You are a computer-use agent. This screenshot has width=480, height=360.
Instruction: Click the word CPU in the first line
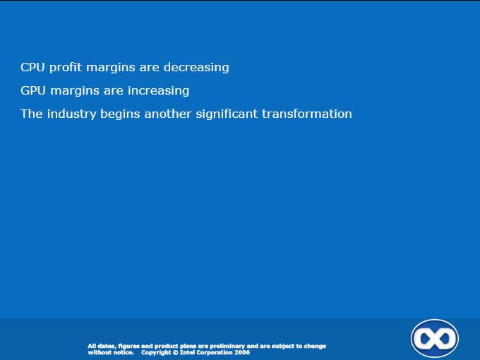pos(32,67)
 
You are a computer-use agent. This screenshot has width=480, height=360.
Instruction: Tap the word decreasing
pos(196,68)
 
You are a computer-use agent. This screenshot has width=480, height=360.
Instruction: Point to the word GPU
pos(33,90)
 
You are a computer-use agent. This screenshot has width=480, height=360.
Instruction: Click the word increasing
pos(158,91)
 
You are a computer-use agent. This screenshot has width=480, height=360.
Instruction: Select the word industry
pos(71,114)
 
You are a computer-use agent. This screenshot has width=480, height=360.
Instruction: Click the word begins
pos(120,115)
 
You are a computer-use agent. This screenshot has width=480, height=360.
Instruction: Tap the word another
pos(168,114)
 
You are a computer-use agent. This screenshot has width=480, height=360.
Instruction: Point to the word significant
pos(227,114)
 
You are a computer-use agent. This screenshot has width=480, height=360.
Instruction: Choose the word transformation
pos(307,114)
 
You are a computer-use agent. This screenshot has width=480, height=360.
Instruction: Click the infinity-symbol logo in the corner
pos(434,339)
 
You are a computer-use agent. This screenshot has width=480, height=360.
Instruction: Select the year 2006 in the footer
pos(242,352)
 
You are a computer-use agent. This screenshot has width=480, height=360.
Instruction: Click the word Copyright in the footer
pos(156,353)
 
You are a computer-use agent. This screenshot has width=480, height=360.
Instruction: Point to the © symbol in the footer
pos(175,352)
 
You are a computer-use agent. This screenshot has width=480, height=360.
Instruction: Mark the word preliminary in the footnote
pos(227,346)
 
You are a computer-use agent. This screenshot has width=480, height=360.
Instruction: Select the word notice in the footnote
pos(124,352)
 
